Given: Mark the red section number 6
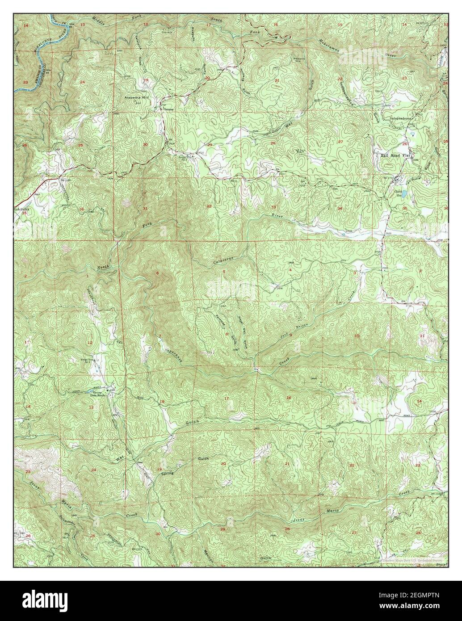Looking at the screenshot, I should (x=157, y=273).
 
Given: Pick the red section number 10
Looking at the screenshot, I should (x=357, y=336).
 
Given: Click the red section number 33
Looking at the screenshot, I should (x=273, y=207).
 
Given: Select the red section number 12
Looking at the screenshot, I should (x=90, y=343).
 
